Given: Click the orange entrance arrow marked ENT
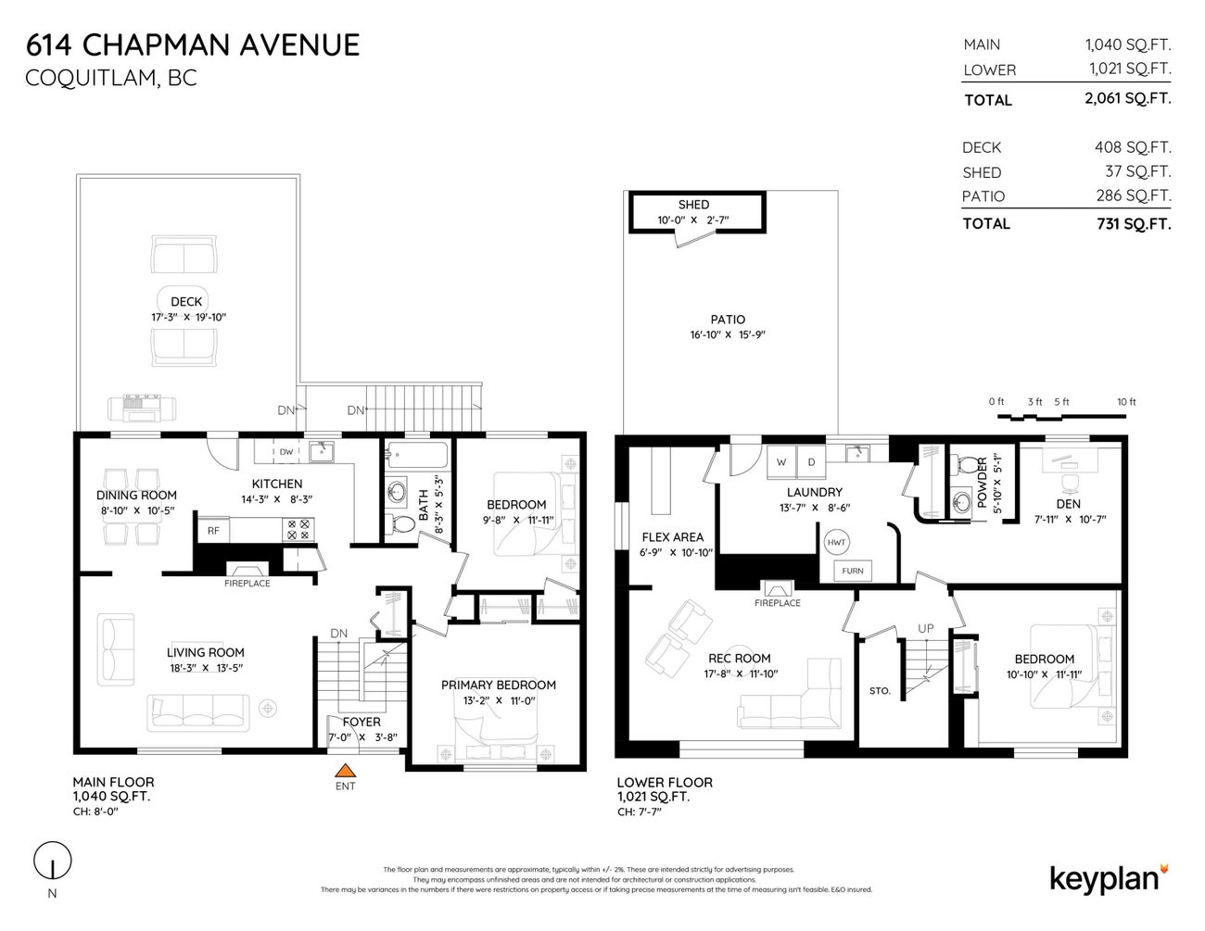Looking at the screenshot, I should click(x=345, y=769).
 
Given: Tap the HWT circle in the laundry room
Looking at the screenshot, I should click(x=836, y=542).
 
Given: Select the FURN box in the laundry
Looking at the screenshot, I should click(x=852, y=572).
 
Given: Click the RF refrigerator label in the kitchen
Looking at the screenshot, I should click(x=213, y=531).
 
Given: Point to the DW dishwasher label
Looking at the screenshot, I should click(x=286, y=452).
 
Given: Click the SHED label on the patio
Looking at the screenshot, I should click(x=693, y=205).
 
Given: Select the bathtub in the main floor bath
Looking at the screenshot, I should click(x=416, y=455).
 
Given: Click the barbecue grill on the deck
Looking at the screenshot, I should click(x=141, y=407).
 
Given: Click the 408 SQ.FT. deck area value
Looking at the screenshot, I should click(x=1133, y=146).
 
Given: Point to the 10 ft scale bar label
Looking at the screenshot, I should click(x=1126, y=402).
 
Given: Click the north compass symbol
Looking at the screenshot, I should click(x=53, y=863).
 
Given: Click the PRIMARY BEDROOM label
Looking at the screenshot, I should click(x=499, y=685).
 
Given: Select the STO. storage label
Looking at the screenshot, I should click(x=880, y=691).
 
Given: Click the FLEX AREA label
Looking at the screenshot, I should click(x=672, y=536).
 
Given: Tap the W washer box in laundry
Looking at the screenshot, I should click(x=781, y=461).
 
